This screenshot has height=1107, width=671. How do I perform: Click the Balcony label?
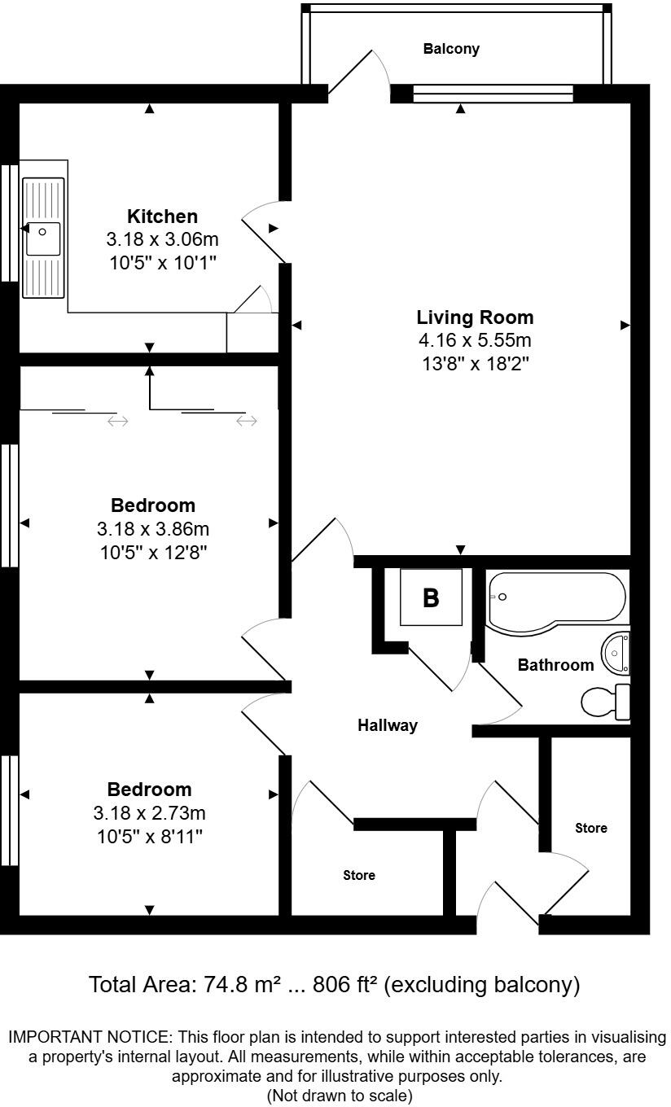[451, 49]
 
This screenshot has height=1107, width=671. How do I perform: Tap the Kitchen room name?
[162, 217]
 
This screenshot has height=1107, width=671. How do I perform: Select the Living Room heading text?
[475, 317]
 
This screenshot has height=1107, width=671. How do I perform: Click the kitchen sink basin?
[42, 238]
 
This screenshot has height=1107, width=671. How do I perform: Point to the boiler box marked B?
[430, 598]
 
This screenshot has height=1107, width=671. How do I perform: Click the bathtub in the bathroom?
[556, 601]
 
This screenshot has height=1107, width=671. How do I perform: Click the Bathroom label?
[556, 665]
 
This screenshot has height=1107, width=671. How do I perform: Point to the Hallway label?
[388, 725]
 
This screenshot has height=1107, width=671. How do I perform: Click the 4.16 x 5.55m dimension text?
[475, 340]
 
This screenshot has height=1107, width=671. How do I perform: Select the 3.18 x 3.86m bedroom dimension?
[153, 529]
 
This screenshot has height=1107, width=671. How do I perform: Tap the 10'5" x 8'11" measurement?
[150, 836]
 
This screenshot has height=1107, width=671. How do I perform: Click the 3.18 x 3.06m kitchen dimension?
[162, 240]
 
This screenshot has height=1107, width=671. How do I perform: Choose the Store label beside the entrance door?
[591, 829]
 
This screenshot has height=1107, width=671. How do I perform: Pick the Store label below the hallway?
[358, 876]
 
